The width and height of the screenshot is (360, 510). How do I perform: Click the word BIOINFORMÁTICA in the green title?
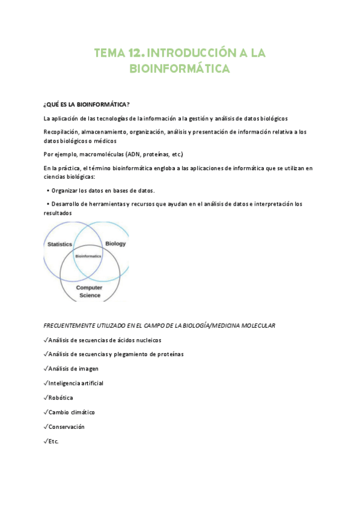(x=180, y=70)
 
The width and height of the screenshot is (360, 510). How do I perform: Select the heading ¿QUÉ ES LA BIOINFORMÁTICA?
(x=87, y=103)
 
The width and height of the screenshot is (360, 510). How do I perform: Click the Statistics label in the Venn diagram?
(x=59, y=244)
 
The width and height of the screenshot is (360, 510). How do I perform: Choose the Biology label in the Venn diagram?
(x=115, y=244)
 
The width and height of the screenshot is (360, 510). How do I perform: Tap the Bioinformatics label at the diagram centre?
(x=88, y=256)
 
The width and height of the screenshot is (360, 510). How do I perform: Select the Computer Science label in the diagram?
(x=89, y=292)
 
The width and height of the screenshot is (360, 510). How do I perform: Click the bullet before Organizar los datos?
(x=47, y=191)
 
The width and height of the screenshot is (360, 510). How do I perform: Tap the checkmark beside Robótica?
(x=46, y=398)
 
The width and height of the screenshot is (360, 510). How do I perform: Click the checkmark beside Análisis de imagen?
(x=46, y=369)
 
